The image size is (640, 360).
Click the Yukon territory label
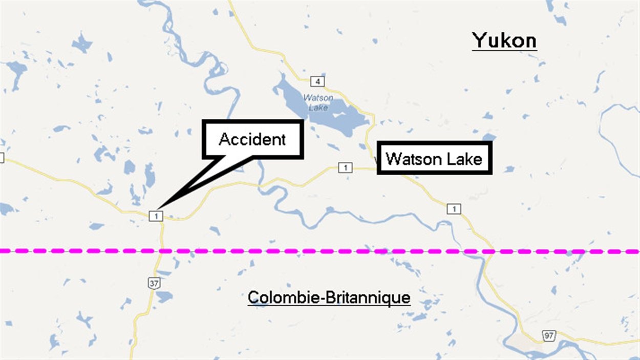click(x=504, y=40)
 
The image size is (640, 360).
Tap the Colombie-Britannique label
click(x=329, y=297)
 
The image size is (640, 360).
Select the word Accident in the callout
click(x=252, y=139)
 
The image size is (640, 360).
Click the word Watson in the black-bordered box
click(x=409, y=159)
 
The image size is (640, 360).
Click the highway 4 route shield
click(x=317, y=81)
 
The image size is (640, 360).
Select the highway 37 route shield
click(x=153, y=283)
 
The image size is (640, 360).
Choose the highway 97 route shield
click(x=548, y=336)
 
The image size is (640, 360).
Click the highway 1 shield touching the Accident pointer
click(x=156, y=216)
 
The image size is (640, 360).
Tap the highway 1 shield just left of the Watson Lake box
click(x=346, y=167)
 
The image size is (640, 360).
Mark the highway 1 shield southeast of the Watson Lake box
click(x=454, y=208)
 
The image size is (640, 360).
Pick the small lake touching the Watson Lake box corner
click(x=489, y=137)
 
